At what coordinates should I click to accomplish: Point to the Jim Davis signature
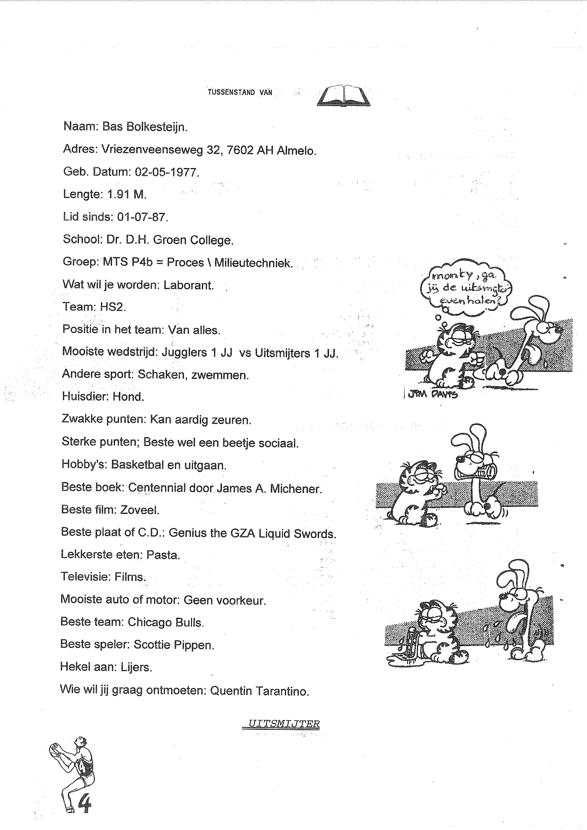click(x=432, y=395)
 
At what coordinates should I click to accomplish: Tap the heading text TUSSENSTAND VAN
click(x=240, y=92)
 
